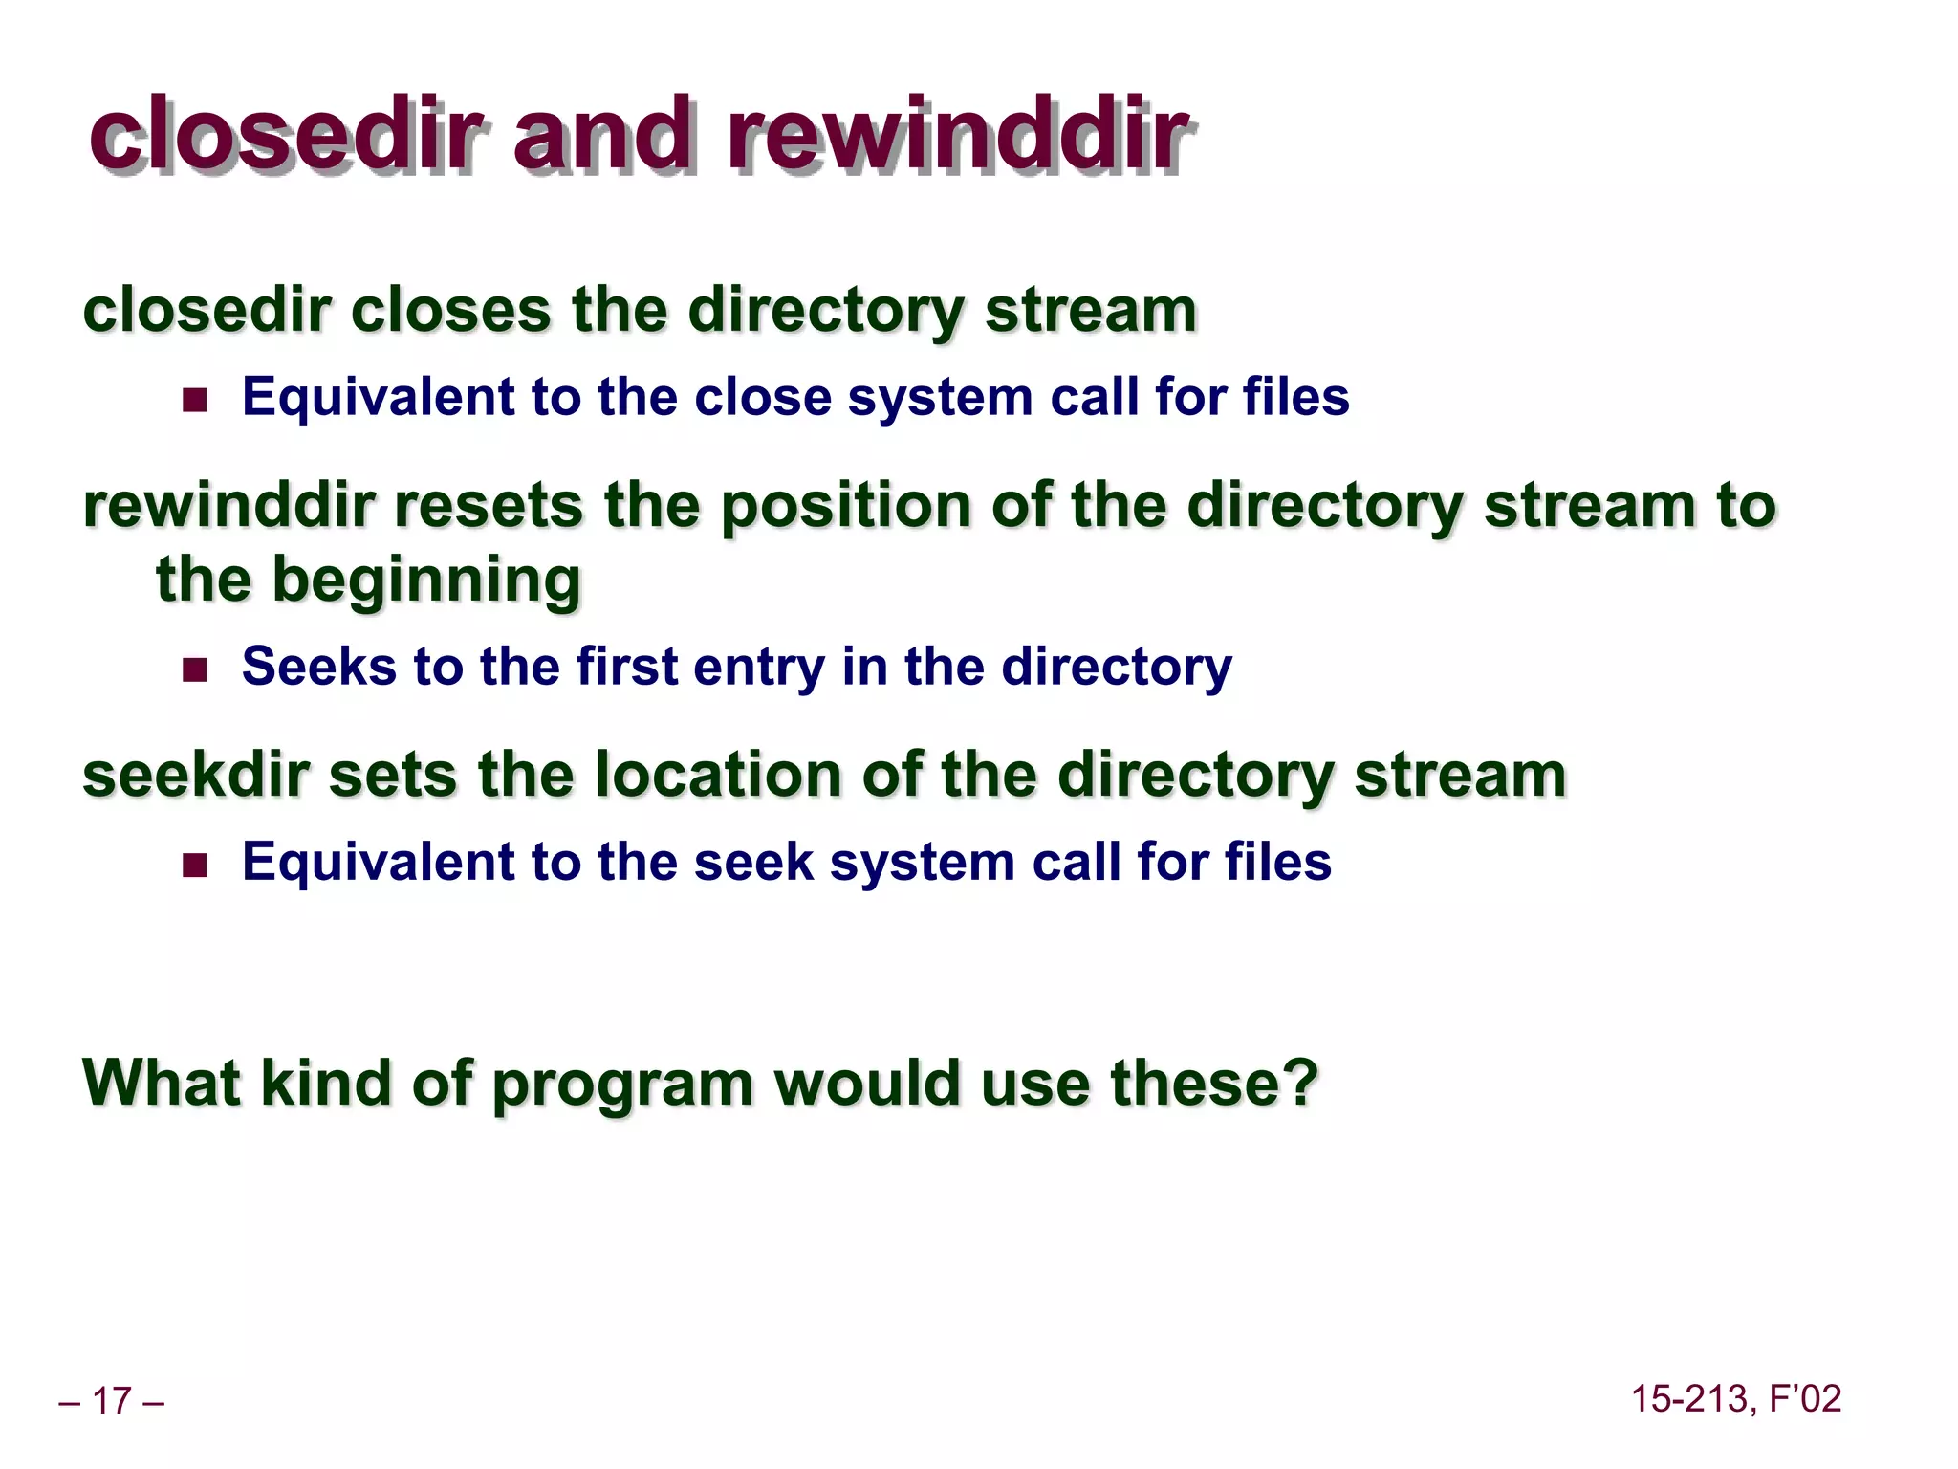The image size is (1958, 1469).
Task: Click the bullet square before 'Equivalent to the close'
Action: pyautogui.click(x=195, y=399)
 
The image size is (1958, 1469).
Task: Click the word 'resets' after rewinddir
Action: pyautogui.click(x=488, y=506)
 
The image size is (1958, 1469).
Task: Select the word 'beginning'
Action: pyautogui.click(x=426, y=581)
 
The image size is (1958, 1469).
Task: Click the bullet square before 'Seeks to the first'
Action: pyautogui.click(x=195, y=669)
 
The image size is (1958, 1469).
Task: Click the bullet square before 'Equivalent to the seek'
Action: pyautogui.click(x=195, y=866)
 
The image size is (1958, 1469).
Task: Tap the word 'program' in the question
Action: pyautogui.click(x=622, y=1086)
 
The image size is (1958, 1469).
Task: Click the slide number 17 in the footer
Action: pyautogui.click(x=111, y=1401)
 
